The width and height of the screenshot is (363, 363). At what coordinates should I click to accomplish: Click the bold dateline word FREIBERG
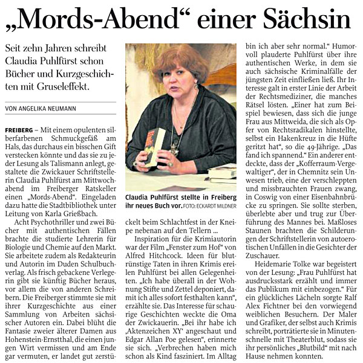tap(18, 130)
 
